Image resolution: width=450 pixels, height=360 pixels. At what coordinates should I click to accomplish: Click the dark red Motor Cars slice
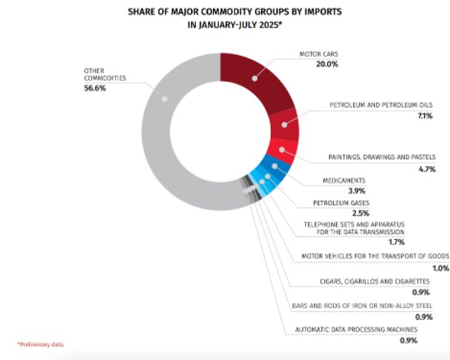255,82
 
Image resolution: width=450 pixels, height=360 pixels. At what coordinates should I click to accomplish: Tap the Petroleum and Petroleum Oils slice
284,125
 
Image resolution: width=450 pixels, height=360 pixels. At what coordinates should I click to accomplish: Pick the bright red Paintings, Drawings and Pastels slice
282,151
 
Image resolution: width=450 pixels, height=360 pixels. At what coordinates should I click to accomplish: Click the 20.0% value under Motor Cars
327,64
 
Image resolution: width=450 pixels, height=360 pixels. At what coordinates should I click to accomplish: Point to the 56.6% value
95,88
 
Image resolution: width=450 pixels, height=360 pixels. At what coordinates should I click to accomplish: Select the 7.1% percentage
425,116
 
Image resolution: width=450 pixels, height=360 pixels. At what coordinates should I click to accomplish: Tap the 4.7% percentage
427,169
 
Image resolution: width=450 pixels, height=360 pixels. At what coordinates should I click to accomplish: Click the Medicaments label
344,181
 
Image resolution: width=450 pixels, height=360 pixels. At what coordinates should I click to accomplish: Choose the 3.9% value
357,191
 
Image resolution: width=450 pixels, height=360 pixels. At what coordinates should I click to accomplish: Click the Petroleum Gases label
341,203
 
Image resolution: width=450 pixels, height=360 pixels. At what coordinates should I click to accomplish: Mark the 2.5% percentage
360,213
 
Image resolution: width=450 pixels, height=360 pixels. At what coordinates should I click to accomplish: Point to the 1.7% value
396,242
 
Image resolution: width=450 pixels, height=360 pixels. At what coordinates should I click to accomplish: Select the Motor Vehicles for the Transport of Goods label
375,256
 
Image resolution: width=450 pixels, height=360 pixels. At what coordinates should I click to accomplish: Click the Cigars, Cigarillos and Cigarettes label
375,281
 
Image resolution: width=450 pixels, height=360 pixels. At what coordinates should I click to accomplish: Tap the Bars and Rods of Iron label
362,306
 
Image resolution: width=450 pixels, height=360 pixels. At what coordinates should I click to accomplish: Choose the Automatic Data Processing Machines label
356,330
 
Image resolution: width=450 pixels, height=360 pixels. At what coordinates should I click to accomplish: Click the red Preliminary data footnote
41,344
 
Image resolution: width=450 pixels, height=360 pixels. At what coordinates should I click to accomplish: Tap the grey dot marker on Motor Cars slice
255,79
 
